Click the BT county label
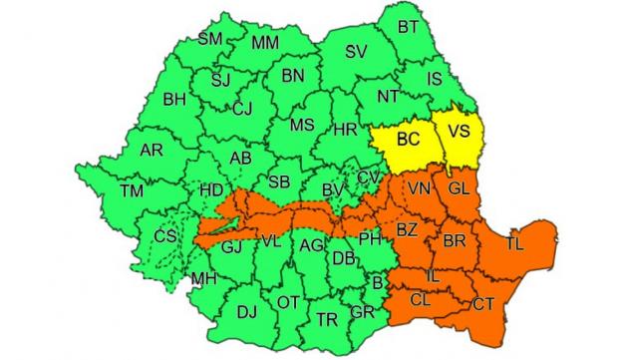pos(408,27)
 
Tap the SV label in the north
pos(356,51)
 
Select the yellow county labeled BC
pos(409,142)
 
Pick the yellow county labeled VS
pos(459,132)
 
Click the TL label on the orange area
pos(514,242)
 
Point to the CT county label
pos(483,303)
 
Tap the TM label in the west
pos(131,189)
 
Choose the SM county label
pos(209,39)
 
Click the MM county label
pos(265,43)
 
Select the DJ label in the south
pos(246,312)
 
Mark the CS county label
pos(166,236)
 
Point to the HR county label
pos(346,131)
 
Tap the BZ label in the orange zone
pos(407,229)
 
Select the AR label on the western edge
pos(152,151)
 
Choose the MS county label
pos(301,126)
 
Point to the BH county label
pos(174,99)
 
